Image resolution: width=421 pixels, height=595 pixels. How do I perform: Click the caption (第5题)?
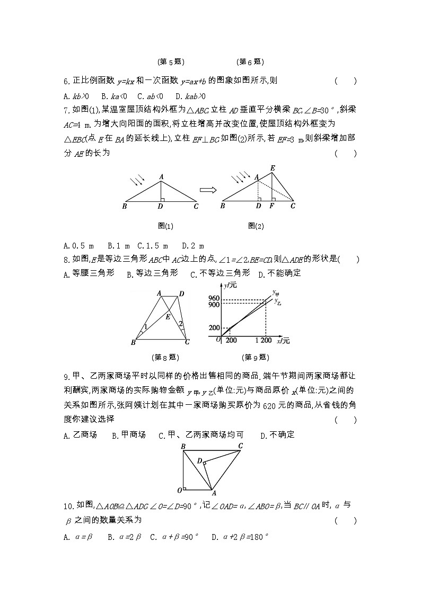(x=171, y=62)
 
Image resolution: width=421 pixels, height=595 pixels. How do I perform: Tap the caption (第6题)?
(x=250, y=62)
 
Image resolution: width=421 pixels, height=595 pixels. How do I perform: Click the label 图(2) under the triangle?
(x=256, y=226)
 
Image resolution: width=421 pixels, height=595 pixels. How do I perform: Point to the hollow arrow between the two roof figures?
(x=208, y=189)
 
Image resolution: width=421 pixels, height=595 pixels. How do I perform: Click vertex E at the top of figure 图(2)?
(x=273, y=168)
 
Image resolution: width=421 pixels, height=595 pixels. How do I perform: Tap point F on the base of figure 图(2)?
(x=272, y=206)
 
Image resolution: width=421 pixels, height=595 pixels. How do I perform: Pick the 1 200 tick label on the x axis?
(x=263, y=340)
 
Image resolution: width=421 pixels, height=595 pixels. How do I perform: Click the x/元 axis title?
(x=285, y=341)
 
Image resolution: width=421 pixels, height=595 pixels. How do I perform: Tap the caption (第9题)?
(x=256, y=357)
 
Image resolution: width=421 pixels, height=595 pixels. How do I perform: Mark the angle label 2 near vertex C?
(x=181, y=324)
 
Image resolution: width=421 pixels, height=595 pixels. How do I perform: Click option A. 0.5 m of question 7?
(x=78, y=246)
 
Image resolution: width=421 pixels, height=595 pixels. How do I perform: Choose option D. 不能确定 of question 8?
(x=279, y=273)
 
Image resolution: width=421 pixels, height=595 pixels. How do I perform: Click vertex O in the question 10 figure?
(x=180, y=490)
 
